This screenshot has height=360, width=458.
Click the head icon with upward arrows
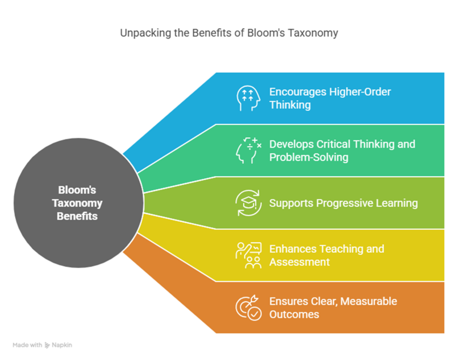pyautogui.click(x=248, y=98)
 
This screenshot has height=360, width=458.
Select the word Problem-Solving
pyautogui.click(x=309, y=157)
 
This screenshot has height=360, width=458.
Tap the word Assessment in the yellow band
pyautogui.click(x=299, y=262)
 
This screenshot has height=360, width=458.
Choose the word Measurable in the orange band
pyautogui.click(x=369, y=301)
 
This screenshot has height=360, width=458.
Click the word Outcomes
pyautogui.click(x=294, y=314)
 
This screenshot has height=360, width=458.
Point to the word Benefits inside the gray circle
pyautogui.click(x=77, y=216)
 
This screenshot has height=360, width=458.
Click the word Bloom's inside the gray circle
pyautogui.click(x=77, y=190)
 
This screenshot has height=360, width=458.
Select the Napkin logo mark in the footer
pyautogui.click(x=47, y=345)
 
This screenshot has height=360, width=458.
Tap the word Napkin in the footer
pyautogui.click(x=62, y=345)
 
